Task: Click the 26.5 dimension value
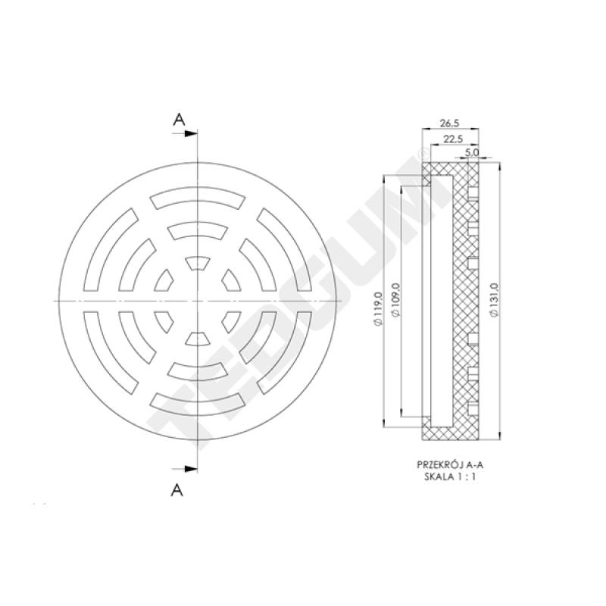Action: pos(449,123)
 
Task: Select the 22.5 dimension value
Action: pos(453,139)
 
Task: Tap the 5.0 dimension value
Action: pos(472,152)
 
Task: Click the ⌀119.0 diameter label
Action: pos(377,309)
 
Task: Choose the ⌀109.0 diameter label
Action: pos(395,300)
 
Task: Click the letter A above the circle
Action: pos(179,120)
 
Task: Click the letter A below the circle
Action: pos(177,490)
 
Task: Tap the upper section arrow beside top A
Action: pos(185,134)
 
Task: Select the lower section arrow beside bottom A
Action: pos(185,469)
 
